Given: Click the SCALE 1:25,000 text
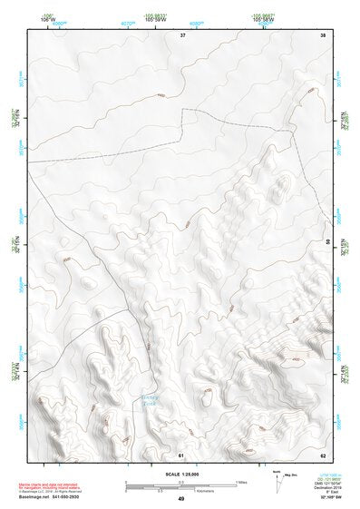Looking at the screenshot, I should [180, 475].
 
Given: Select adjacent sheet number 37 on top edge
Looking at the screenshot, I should [182, 34].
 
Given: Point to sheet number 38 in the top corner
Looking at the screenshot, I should [322, 34].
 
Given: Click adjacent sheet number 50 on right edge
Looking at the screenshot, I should [327, 241].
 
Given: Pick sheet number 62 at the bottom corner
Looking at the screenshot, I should [322, 454].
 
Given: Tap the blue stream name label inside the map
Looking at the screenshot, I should [151, 400].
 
